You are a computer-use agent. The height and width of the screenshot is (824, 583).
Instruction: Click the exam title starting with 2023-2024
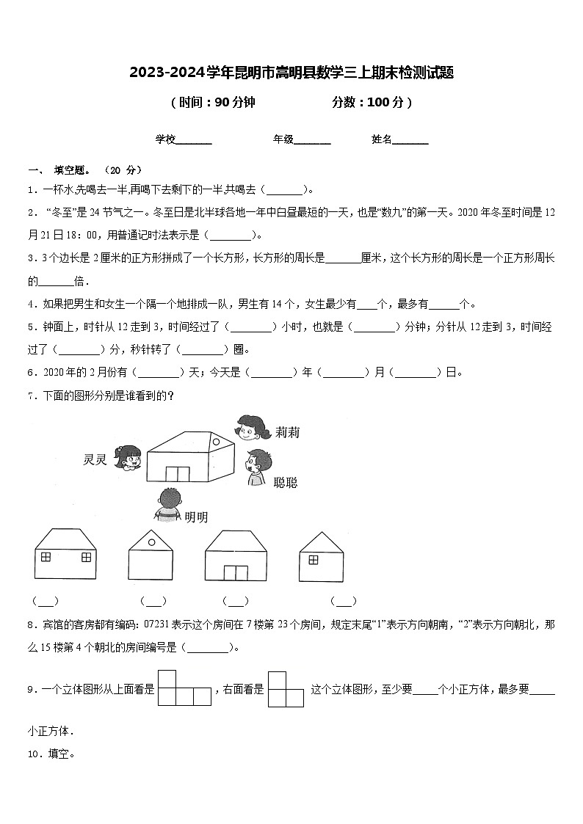coord(291,73)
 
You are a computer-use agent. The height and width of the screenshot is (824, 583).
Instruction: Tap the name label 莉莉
coord(288,432)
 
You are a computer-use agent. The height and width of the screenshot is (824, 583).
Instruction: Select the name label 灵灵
coord(96,460)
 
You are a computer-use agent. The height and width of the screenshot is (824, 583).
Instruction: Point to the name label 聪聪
coord(285,482)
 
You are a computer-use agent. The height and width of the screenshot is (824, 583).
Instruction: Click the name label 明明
coord(196,517)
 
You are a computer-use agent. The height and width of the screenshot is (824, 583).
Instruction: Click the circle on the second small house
coord(151,542)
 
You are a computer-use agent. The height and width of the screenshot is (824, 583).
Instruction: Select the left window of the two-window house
coord(46,557)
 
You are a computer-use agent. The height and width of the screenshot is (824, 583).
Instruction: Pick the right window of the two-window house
coord(86,557)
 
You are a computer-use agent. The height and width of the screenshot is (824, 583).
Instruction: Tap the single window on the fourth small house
coord(314,560)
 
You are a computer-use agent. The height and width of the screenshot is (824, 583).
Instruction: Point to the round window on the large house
coord(215,441)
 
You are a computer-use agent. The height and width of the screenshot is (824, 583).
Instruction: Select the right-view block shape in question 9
coord(286,688)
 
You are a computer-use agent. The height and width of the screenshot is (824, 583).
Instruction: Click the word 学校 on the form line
coord(165,139)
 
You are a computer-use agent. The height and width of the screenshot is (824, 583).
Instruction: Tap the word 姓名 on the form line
coord(382,139)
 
